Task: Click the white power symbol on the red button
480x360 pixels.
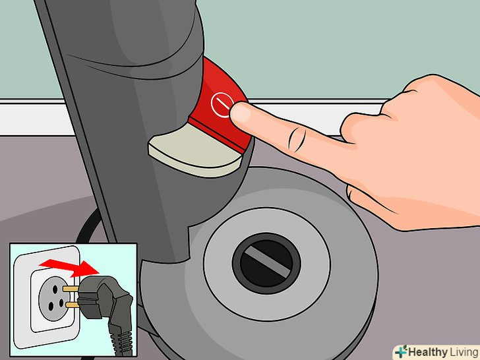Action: tap(222, 104)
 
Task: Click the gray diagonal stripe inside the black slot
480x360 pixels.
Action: tap(266, 262)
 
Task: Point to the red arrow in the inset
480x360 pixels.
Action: tap(69, 267)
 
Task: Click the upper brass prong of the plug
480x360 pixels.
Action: tap(71, 289)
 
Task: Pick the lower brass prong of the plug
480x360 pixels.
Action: tap(73, 305)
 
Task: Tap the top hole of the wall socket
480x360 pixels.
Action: tap(55, 289)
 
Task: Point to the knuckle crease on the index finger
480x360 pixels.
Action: tap(296, 138)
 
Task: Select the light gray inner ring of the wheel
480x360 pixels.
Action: tap(267, 264)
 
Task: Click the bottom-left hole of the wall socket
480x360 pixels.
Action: tap(51, 305)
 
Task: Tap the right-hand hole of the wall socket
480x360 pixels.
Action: tap(61, 303)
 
